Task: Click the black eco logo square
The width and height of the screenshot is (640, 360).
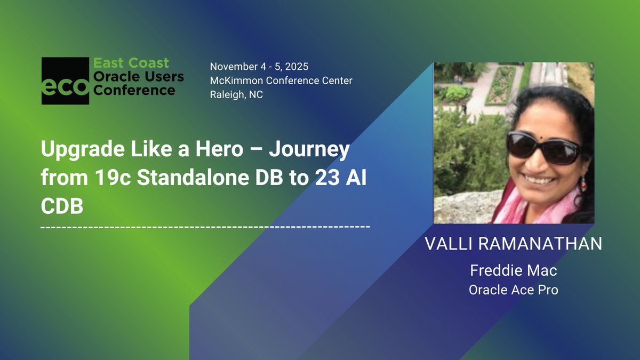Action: [65, 81]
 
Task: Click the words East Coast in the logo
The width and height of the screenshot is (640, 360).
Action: [131, 63]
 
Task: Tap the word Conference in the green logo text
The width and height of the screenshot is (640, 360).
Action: [134, 90]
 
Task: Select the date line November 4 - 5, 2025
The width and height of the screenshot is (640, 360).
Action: [259, 67]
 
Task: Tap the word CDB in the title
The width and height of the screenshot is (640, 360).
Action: [62, 206]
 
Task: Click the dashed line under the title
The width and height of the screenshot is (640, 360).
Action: [205, 227]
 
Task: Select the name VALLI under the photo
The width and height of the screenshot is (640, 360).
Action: [450, 244]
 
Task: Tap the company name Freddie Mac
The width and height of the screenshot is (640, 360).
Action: [513, 270]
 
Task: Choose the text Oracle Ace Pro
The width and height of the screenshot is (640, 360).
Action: [513, 290]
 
